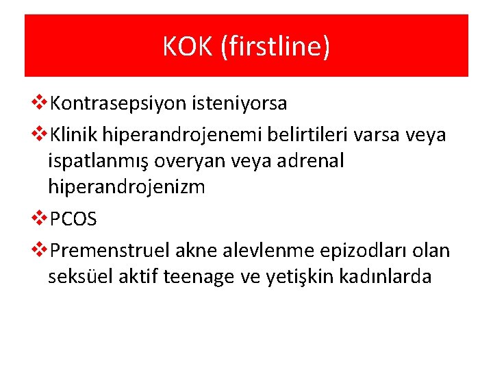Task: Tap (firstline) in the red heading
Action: (x=275, y=47)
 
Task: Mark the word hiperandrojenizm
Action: (x=127, y=186)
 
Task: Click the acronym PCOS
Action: (x=74, y=219)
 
